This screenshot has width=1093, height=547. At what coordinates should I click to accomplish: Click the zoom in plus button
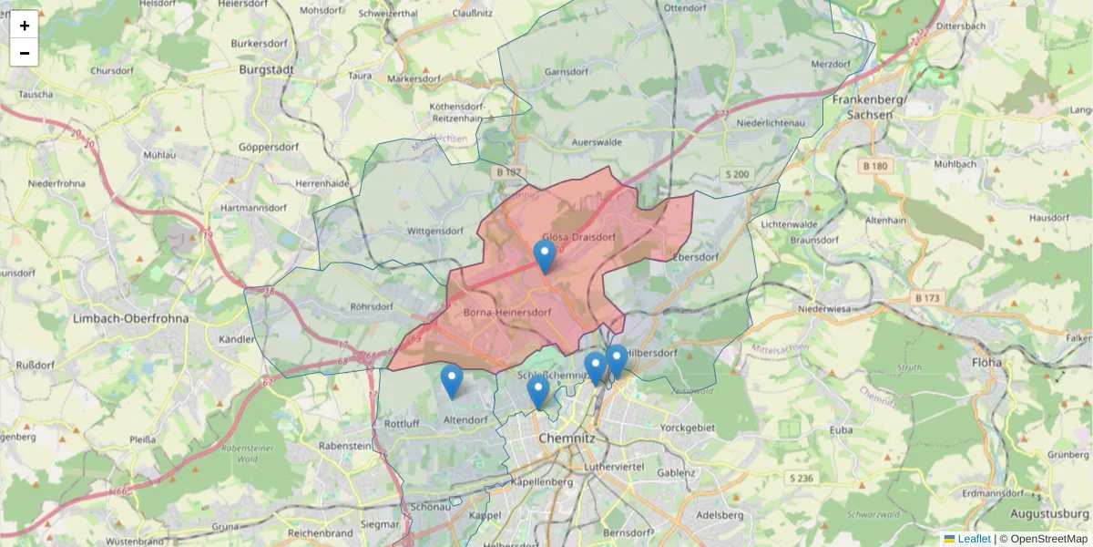point(24,26)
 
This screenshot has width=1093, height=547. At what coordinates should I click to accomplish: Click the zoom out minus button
point(24,53)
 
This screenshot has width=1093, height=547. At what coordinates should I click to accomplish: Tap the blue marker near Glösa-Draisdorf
point(545,256)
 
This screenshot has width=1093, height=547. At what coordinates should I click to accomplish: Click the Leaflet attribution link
point(974,539)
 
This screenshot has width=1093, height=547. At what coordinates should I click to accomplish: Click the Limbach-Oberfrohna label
point(130,318)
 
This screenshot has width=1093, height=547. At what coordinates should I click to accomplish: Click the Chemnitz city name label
point(567,439)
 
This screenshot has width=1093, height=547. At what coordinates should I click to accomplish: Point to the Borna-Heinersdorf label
point(507,313)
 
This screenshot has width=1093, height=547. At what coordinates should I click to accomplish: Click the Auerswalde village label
point(597,143)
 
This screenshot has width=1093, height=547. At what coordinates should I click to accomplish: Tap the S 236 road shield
point(802,478)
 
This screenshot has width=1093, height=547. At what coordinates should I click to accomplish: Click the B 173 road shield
point(927,297)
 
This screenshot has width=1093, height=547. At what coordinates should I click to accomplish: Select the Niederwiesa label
point(823,308)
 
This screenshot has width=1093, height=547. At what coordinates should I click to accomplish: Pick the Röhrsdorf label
point(371,307)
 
